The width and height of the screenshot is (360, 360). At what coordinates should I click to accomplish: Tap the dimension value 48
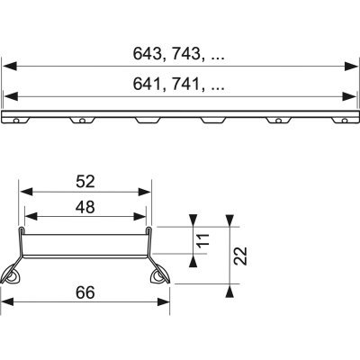click(85, 206)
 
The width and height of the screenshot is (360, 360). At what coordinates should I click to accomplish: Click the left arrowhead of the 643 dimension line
click(9, 66)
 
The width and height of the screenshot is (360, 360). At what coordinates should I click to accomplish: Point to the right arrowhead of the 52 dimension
click(145, 192)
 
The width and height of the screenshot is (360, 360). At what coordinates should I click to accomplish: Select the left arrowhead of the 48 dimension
click(28, 217)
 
